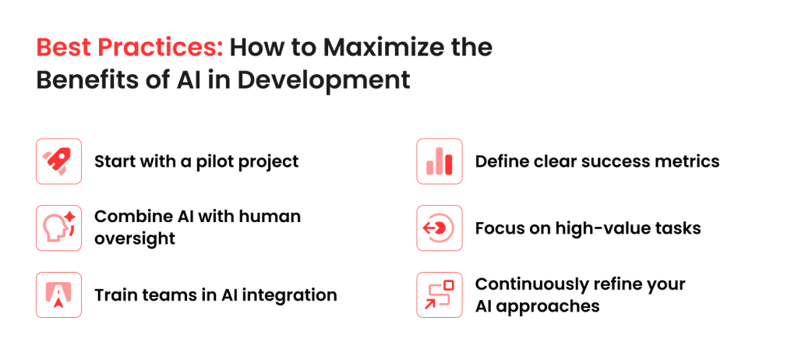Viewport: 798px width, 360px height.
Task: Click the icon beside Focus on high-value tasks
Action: pos(440,228)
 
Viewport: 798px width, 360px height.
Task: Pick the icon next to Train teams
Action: pos(58,295)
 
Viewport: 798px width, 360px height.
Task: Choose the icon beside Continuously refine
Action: pos(440,295)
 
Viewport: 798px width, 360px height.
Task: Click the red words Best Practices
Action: pos(129,48)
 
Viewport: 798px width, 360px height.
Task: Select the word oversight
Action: pos(135,238)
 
